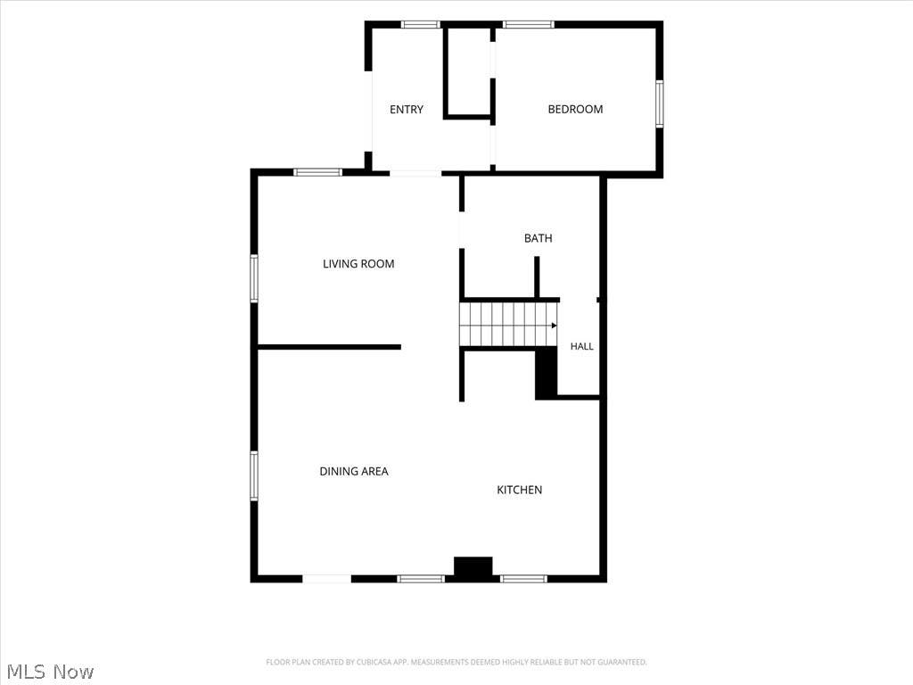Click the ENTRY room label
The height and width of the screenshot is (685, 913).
[407, 110]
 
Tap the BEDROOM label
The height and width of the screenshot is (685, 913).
[575, 110]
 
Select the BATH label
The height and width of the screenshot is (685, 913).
[538, 238]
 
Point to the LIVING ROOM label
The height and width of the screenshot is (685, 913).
[358, 264]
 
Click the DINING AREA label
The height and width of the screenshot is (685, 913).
[354, 471]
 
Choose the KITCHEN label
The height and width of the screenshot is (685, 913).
[520, 490]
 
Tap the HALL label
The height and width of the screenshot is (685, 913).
[581, 347]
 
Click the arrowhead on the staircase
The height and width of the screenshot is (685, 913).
[554, 326]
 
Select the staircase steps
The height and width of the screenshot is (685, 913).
[507, 324]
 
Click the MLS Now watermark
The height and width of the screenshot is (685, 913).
[50, 672]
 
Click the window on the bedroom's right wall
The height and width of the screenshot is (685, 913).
[660, 103]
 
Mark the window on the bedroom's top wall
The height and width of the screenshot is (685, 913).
[529, 24]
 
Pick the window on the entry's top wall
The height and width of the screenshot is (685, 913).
[421, 24]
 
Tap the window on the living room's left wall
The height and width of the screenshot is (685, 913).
[254, 278]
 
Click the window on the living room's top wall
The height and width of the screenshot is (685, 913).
[318, 172]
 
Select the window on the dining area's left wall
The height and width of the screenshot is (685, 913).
[254, 476]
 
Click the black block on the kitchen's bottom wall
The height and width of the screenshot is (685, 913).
[473, 569]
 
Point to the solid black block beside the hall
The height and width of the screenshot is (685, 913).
[547, 374]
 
